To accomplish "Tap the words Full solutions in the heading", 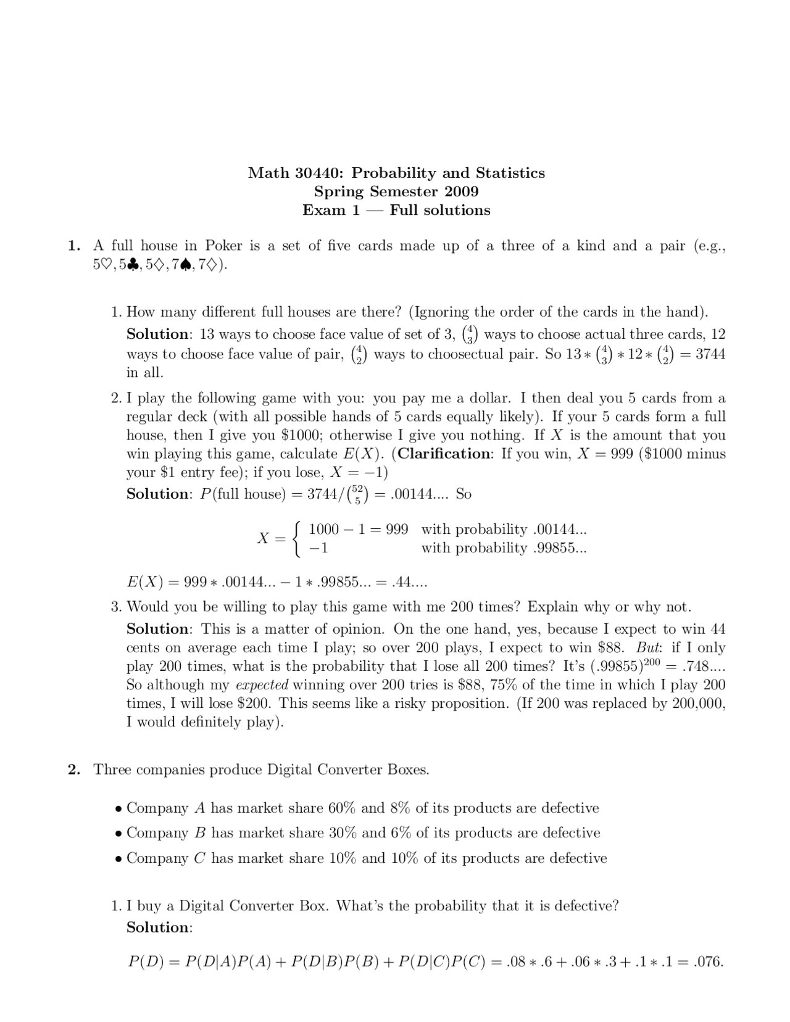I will click(440, 210).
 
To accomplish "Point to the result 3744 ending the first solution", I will click(710, 354).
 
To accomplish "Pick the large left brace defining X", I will click(297, 539).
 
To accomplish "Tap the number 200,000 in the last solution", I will click(697, 704).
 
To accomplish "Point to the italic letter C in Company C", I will click(199, 858).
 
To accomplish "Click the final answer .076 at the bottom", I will click(708, 962).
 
